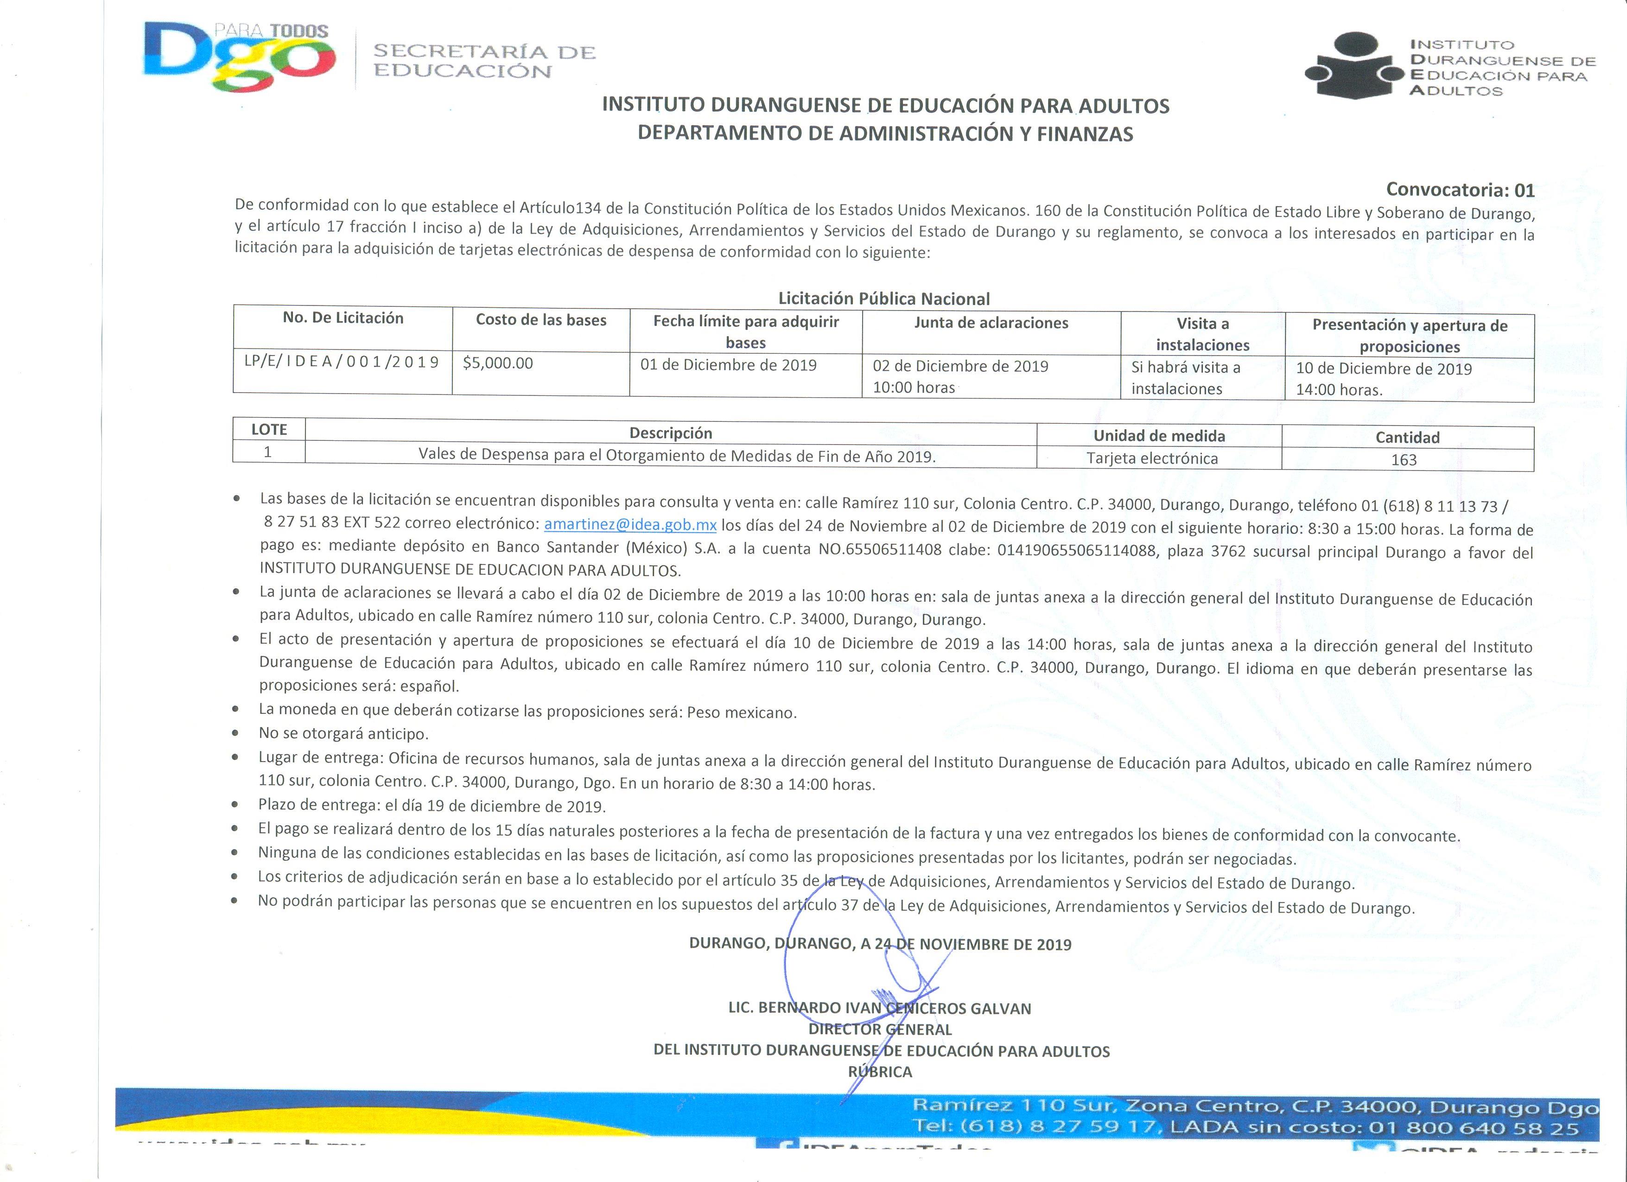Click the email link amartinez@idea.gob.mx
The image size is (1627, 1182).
(630, 524)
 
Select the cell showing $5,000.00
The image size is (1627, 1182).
(498, 363)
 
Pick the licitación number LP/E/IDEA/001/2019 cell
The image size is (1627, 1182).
(342, 362)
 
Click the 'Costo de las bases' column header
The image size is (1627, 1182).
(541, 320)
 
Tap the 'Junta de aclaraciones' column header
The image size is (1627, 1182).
(991, 323)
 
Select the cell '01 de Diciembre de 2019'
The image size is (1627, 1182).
(728, 365)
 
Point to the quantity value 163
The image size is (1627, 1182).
(1404, 460)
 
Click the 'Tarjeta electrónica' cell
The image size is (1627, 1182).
(1152, 458)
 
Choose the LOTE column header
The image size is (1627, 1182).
(269, 430)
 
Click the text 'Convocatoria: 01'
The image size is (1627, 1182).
(1460, 190)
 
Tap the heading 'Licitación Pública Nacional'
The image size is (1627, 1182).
(884, 299)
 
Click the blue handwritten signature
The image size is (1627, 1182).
(861, 997)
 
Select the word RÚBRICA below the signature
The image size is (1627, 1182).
(879, 1072)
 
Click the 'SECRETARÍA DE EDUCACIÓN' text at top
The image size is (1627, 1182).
(484, 61)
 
